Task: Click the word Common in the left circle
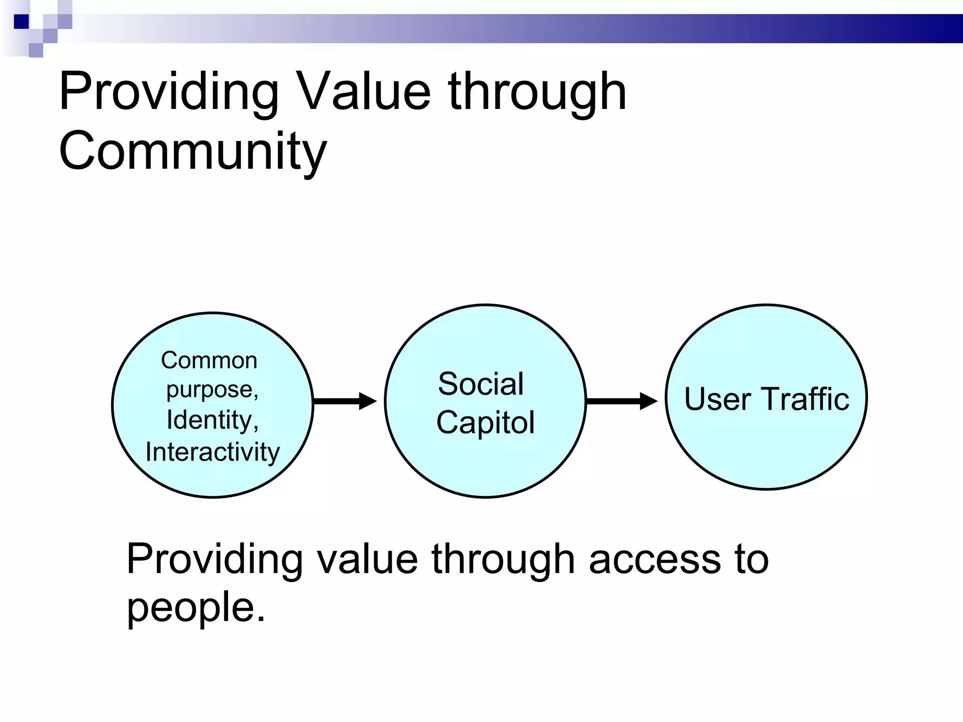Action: (209, 361)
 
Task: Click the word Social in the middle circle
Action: (481, 384)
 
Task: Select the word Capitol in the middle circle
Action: (485, 422)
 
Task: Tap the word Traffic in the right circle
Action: (805, 399)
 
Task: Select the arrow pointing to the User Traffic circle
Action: (622, 401)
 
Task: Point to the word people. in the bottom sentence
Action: (196, 607)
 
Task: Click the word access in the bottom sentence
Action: (655, 559)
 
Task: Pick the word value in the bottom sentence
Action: (367, 559)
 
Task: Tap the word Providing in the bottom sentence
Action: (214, 559)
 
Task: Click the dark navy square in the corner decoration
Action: (21, 22)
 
